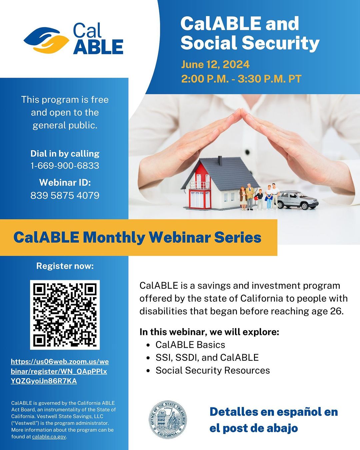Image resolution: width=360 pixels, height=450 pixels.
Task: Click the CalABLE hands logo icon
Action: [46, 40]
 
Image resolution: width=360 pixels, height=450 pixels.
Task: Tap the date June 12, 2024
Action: [215, 64]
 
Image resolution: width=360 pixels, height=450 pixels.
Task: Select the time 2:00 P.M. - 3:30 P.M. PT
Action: [241, 79]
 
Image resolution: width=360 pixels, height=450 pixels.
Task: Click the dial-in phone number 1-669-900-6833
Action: [65, 166]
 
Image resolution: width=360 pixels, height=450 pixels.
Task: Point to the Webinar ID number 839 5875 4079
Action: [65, 196]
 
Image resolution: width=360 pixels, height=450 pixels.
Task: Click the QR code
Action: [65, 315]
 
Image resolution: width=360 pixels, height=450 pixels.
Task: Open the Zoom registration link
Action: [60, 371]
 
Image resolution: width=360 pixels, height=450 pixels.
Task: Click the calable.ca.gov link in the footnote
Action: [49, 437]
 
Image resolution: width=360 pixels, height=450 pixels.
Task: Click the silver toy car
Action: [297, 200]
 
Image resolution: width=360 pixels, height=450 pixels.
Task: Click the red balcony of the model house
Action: [200, 185]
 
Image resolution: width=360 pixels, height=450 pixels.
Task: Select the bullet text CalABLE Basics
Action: [190, 345]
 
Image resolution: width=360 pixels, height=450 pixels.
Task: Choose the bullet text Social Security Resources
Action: [213, 370]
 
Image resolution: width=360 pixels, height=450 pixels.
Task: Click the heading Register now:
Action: [65, 266]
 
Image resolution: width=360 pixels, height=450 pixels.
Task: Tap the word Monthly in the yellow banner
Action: [114, 237]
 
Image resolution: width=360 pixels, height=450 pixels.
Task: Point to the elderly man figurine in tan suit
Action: [250, 197]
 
